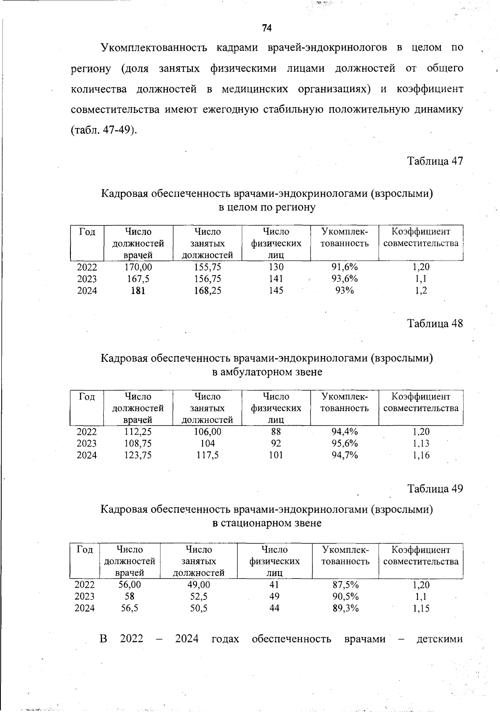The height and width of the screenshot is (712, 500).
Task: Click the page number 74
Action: [x=267, y=28]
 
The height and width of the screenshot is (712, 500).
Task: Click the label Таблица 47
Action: [x=435, y=161]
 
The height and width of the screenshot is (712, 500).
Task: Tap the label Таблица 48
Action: [x=435, y=323]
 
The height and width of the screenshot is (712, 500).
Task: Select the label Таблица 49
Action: [x=435, y=489]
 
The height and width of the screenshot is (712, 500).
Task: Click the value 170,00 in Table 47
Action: [x=138, y=267]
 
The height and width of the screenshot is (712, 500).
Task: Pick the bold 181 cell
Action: [x=138, y=291]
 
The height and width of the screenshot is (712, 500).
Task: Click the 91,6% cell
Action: [x=345, y=267]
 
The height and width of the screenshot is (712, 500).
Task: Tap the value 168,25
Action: [x=207, y=291]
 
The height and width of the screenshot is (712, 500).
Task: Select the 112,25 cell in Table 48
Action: [x=138, y=432]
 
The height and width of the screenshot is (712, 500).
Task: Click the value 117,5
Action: [x=207, y=455]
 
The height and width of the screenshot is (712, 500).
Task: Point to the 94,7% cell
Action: [x=345, y=455]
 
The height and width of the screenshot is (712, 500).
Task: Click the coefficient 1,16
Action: [x=421, y=455]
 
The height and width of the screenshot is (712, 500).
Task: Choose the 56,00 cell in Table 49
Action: [x=130, y=585]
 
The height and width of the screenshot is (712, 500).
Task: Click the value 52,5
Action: [x=199, y=597]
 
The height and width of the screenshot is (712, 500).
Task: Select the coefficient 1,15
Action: [x=421, y=608]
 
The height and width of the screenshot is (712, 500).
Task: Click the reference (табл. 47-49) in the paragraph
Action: [x=103, y=130]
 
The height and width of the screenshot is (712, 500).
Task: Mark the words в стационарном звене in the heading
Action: [x=267, y=523]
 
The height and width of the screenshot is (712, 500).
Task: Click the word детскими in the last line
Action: [x=440, y=639]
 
